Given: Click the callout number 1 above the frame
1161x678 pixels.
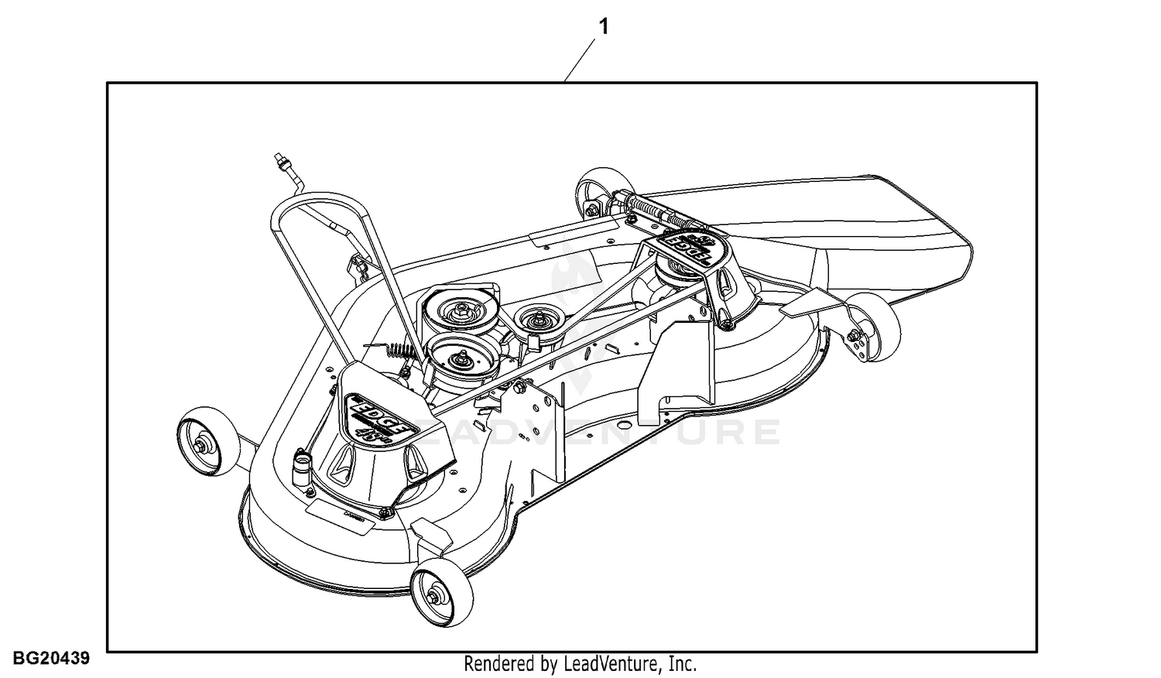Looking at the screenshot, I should click(604, 27).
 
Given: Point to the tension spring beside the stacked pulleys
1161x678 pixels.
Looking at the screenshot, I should click(401, 352).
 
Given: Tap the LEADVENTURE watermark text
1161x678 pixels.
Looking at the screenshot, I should click(596, 432).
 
